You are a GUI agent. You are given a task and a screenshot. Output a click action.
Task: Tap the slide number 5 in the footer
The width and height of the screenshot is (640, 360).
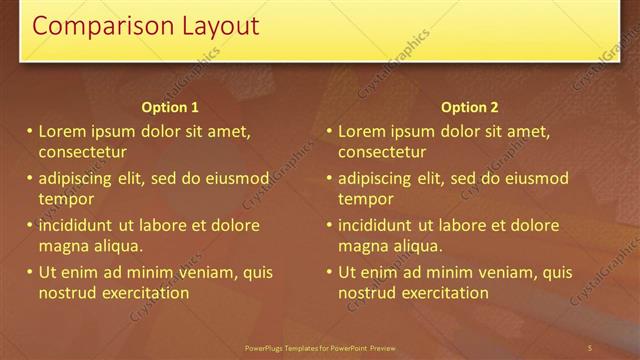pos(590,347)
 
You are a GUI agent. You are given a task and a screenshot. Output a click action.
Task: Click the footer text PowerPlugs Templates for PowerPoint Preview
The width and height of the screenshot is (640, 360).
pos(320,347)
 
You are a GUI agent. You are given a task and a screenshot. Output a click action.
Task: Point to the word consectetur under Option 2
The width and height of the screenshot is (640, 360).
pos(382,152)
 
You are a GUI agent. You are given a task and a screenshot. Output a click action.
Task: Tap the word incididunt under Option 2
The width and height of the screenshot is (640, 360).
pos(378,225)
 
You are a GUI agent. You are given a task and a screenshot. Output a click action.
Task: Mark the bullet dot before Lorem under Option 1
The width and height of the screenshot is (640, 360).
pos(29,131)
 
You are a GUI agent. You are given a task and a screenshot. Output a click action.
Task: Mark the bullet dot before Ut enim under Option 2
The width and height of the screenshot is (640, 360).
pos(329,272)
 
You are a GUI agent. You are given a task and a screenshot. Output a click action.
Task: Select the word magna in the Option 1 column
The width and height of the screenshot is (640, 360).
pos(62,246)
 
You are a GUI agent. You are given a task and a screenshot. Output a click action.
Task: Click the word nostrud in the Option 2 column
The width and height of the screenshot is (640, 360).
pos(366,293)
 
